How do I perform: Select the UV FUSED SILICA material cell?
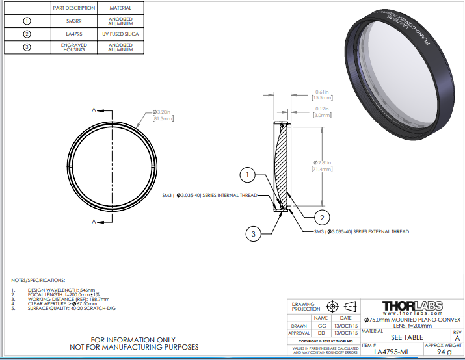click(x=120, y=34)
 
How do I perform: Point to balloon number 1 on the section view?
click(x=248, y=174)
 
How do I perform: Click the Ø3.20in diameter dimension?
click(x=163, y=112)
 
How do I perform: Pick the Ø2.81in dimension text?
click(x=324, y=162)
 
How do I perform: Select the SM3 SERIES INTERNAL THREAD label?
click(x=209, y=195)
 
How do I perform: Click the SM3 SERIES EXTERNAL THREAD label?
click(x=361, y=231)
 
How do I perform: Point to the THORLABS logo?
click(x=412, y=305)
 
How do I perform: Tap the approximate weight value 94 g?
click(x=444, y=352)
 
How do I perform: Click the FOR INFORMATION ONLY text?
click(x=133, y=339)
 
